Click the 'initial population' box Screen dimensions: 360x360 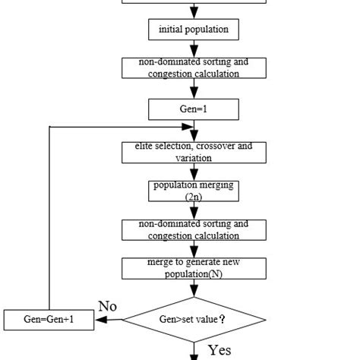[194, 30]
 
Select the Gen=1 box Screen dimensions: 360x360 [194, 109]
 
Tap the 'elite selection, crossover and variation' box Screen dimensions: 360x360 [194, 152]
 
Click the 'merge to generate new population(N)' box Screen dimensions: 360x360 [194, 268]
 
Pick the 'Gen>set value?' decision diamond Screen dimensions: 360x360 [194, 320]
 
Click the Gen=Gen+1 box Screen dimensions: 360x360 [49, 320]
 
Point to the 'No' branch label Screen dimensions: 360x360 [107, 306]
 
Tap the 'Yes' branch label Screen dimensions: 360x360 [219, 350]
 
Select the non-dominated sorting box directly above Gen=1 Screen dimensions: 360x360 [194, 68]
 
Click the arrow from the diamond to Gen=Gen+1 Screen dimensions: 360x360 [110, 320]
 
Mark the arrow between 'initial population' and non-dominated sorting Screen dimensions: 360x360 [194, 49]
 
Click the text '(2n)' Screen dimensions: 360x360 [194, 196]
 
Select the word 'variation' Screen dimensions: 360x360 [194, 158]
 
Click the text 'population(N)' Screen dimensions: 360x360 [194, 273]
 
